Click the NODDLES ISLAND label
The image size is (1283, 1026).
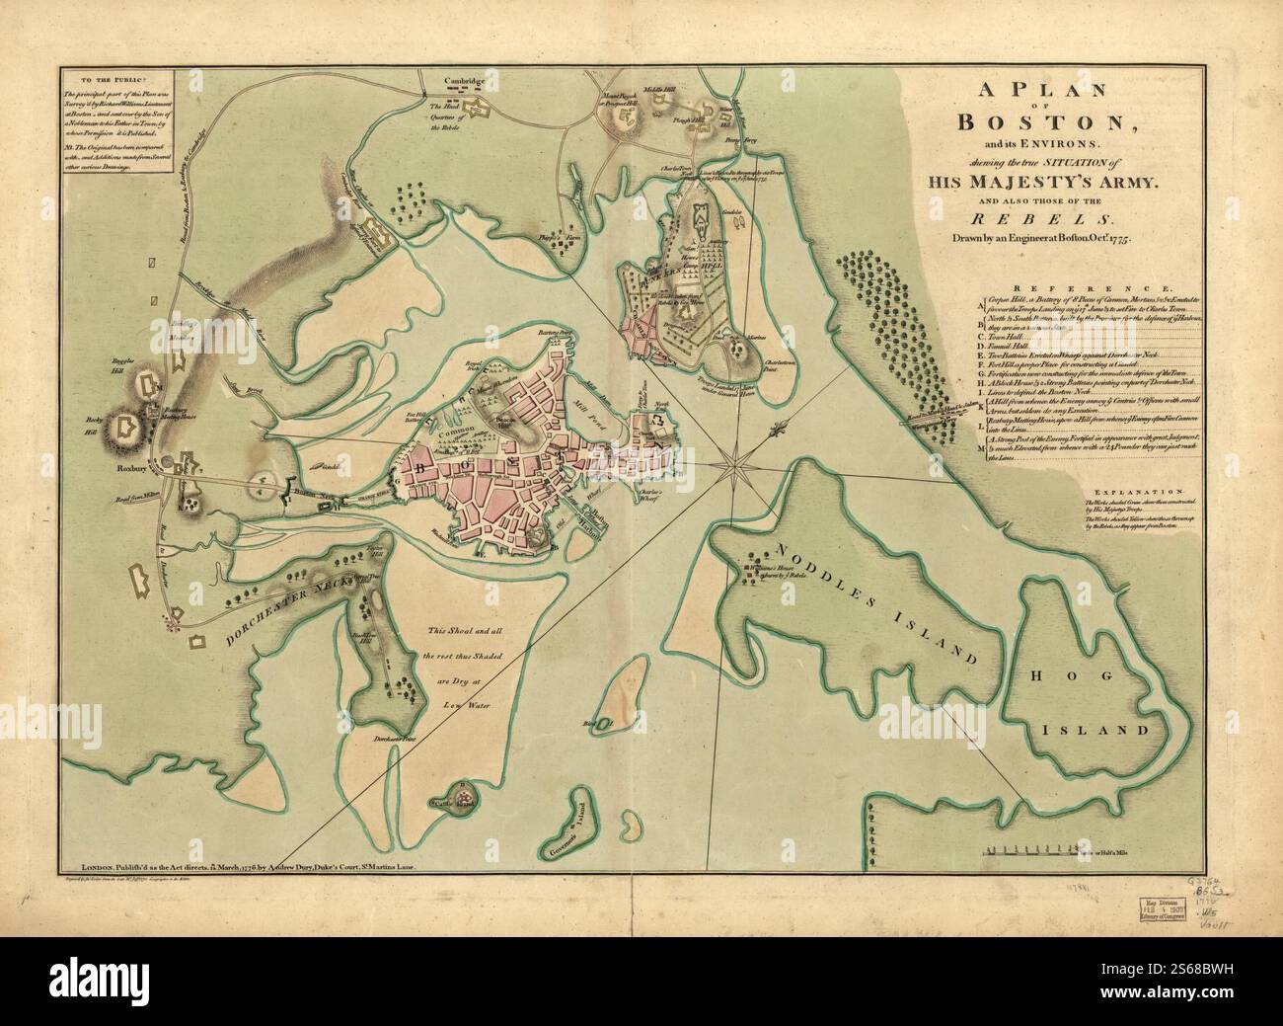point(875,602)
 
